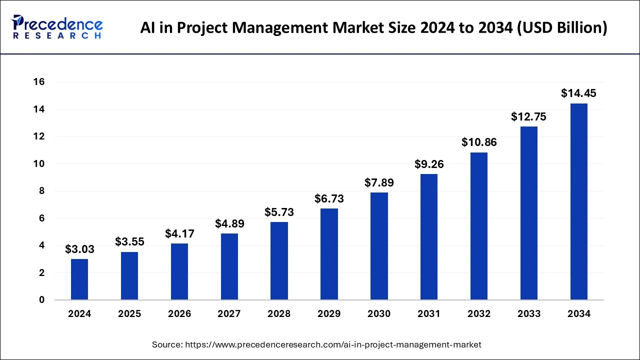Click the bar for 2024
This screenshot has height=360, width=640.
point(79,279)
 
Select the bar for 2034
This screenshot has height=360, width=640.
point(578,201)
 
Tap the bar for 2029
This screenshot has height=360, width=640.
point(329,254)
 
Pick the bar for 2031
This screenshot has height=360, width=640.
point(429,237)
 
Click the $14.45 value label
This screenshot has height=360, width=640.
point(578,93)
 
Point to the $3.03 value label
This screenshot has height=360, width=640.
point(79,249)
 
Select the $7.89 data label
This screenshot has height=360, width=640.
point(379,183)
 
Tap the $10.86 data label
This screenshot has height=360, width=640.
point(479,142)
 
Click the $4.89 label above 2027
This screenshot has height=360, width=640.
point(229,223)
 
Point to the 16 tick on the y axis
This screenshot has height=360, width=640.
point(39,82)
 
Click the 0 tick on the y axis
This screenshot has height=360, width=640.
point(42,300)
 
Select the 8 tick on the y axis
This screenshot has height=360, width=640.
point(42,191)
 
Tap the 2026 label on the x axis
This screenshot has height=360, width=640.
point(179,314)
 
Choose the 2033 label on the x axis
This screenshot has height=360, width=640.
point(529,314)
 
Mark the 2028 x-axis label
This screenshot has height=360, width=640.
point(279,314)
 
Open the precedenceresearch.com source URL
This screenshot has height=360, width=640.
point(333,344)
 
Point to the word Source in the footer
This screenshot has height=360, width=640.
point(167,344)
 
